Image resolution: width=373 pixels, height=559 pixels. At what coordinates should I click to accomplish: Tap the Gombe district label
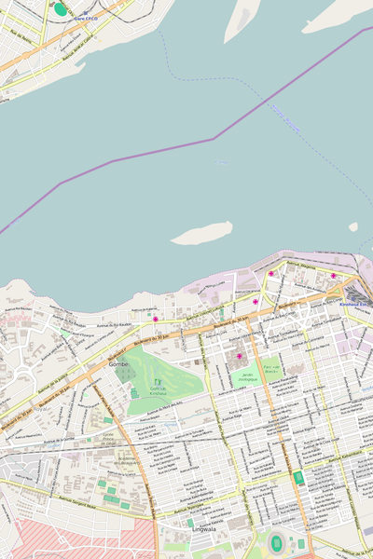pos(119,364)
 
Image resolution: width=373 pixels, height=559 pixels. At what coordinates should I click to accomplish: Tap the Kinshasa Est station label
pos(355,304)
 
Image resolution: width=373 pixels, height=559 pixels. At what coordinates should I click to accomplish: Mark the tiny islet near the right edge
pos(353,226)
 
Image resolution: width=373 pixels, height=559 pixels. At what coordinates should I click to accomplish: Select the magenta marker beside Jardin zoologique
pos(240,356)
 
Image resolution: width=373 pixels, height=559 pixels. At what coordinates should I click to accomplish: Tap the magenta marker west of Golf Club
pos(156,319)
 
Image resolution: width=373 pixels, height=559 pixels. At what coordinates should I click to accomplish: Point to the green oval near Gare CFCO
pos(61,9)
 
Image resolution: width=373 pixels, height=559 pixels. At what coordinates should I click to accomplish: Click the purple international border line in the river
pos(214,139)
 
